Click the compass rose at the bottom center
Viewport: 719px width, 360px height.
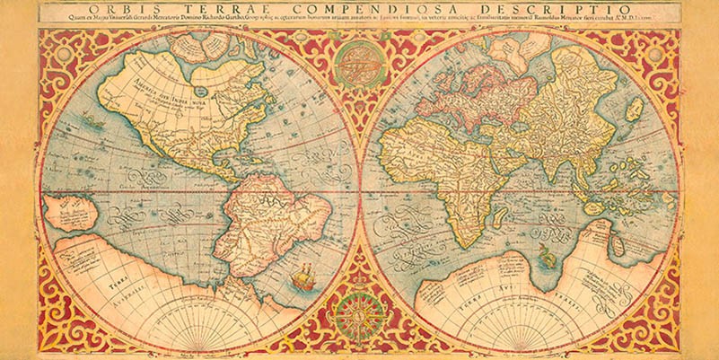359,314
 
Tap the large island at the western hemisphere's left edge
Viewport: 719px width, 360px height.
70,213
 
